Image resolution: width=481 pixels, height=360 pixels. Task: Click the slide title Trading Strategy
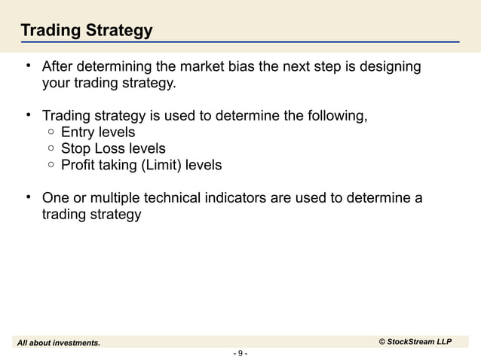86,31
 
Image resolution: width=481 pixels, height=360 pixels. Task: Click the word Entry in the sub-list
78,133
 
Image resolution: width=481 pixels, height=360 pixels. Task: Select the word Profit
78,164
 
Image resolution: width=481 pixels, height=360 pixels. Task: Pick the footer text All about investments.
59,343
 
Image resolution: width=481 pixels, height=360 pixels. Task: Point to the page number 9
240,353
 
